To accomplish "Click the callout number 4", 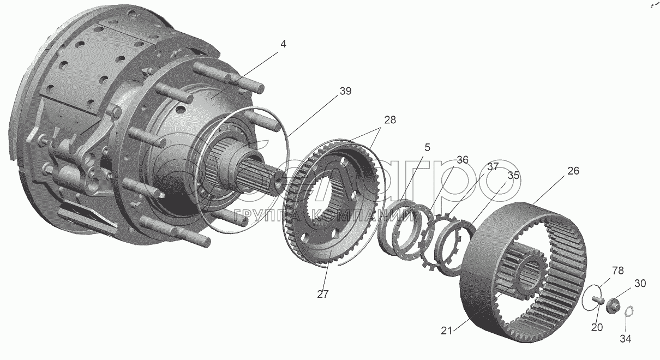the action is coord(283,44).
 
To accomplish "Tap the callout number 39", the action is coord(345,92).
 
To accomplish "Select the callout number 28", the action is coord(389,119).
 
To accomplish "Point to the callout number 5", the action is coord(427,147).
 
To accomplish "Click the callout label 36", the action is coord(463,160).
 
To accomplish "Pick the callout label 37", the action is coord(493,167).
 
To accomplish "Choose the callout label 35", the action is coord(513,176).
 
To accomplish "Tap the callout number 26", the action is coord(573,171).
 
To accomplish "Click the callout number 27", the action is coord(322,294).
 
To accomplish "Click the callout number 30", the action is coord(639,284).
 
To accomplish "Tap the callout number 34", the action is coord(625,339).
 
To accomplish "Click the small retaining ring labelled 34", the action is coord(628,312).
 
